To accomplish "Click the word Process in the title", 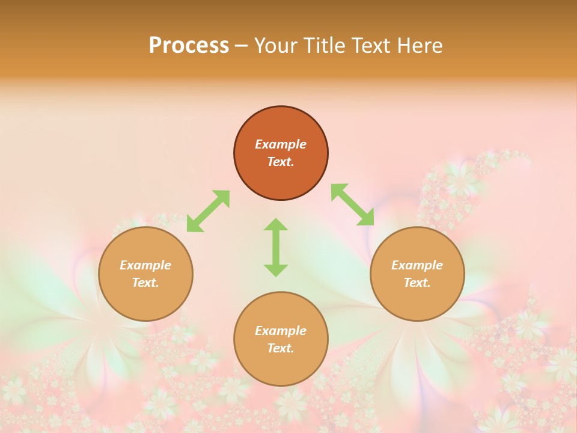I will pyautogui.click(x=189, y=46).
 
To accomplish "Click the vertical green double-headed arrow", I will pyautogui.click(x=276, y=247).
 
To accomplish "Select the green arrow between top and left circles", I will pyautogui.click(x=208, y=211).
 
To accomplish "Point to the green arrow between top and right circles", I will pyautogui.click(x=352, y=205).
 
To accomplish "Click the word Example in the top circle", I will pyautogui.click(x=281, y=144).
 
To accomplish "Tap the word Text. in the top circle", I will pyautogui.click(x=281, y=162).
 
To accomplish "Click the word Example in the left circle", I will pyautogui.click(x=145, y=265).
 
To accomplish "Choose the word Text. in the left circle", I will pyautogui.click(x=145, y=283).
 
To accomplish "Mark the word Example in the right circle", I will pyautogui.click(x=417, y=265).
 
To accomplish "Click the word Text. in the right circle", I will pyautogui.click(x=417, y=283).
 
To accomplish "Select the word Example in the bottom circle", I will pyautogui.click(x=281, y=331).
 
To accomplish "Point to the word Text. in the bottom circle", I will pyautogui.click(x=281, y=348).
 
